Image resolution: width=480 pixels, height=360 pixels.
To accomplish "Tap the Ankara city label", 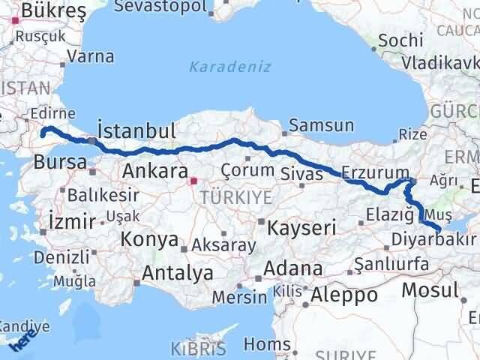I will point(148,170).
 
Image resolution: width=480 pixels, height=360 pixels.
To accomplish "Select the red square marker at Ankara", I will point(194,181).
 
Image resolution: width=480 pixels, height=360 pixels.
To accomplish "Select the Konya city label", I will point(148,241).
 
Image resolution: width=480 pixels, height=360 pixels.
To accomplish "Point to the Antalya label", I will point(177,273).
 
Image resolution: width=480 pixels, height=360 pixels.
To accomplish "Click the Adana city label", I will point(298,268).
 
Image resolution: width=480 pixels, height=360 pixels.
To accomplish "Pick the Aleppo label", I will point(345,295).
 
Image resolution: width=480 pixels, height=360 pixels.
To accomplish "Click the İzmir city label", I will point(72,221).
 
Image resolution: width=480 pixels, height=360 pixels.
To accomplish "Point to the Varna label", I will point(91,56).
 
